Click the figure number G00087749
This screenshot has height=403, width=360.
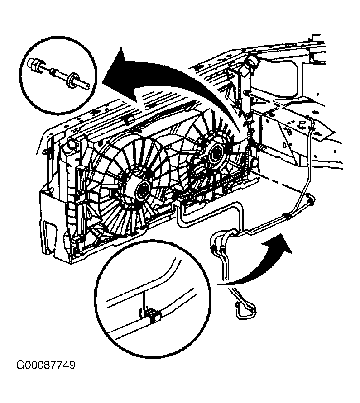tap(46, 365)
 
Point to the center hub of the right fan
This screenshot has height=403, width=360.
tap(216, 154)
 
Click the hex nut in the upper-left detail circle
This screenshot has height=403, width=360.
tap(34, 64)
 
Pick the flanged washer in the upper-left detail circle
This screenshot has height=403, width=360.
tap(71, 80)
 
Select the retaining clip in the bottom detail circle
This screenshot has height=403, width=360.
tap(151, 315)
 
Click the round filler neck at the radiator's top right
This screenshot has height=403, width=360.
tap(251, 63)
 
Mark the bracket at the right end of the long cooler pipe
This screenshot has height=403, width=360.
tap(310, 200)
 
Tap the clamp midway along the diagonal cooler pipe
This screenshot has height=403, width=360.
tap(286, 216)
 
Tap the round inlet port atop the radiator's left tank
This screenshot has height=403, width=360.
tap(71, 146)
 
